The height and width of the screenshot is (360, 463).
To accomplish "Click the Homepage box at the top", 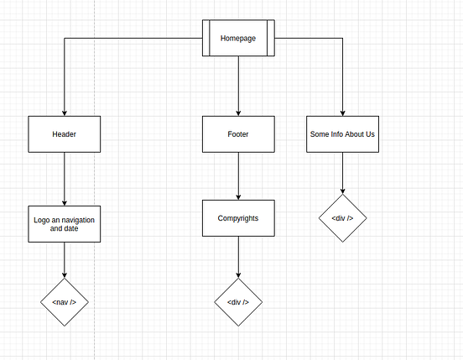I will click(238, 39).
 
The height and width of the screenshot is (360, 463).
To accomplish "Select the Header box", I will click(65, 134).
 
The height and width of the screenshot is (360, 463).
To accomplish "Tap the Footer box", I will click(238, 134).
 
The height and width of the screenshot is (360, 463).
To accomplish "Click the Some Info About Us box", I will click(342, 134).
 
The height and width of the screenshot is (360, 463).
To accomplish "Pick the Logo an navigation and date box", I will click(65, 223).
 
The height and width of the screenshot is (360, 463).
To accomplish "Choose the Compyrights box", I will click(238, 218).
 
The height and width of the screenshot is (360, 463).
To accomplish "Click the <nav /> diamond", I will click(65, 301).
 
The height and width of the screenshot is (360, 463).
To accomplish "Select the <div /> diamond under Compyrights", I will click(238, 302).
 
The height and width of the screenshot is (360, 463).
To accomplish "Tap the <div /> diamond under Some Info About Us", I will click(342, 218).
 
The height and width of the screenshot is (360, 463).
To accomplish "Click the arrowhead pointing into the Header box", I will click(65, 112).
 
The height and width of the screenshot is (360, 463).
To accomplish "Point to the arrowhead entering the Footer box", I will click(238, 112).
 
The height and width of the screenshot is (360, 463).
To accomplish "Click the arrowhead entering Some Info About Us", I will click(342, 112).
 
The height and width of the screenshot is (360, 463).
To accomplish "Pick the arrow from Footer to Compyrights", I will click(238, 176).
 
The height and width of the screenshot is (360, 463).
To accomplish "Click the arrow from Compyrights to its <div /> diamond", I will click(238, 256).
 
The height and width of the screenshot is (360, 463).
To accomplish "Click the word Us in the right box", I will click(370, 134).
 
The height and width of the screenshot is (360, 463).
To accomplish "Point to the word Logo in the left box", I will click(42, 219).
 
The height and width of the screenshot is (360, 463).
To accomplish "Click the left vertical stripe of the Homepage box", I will click(205, 39).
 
